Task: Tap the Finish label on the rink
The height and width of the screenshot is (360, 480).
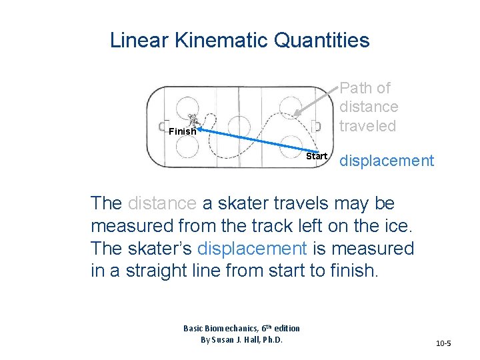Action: [182, 131]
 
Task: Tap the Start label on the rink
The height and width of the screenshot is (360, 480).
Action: [317, 156]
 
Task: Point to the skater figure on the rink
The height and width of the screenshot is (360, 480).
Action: [193, 120]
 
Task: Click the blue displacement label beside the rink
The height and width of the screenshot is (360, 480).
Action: [387, 161]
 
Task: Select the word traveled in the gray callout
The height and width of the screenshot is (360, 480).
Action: [367, 125]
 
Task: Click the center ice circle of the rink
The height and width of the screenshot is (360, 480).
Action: [239, 126]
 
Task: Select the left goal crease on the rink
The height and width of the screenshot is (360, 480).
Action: [162, 125]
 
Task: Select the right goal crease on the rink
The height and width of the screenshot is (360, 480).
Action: [317, 126]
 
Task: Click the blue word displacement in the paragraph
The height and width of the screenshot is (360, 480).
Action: [253, 249]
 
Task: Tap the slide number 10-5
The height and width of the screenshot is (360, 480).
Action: [443, 343]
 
